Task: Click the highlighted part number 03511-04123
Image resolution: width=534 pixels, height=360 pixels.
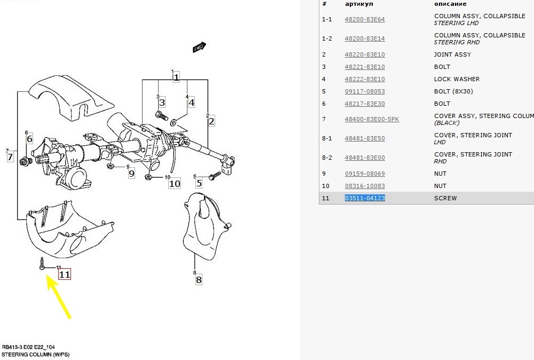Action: (365, 198)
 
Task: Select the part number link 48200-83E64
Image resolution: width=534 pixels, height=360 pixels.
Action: (365, 19)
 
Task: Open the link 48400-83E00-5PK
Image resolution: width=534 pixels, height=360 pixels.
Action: (372, 119)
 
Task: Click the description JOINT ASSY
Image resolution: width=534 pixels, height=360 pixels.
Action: (453, 54)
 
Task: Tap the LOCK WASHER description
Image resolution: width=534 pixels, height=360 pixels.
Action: (457, 79)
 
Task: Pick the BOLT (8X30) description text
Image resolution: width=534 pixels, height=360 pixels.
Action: (453, 91)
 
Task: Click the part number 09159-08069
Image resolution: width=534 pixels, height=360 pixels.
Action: (365, 174)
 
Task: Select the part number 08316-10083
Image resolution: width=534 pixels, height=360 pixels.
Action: (365, 186)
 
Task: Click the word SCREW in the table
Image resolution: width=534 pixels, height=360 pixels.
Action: (445, 198)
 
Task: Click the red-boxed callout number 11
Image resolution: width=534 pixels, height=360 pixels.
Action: (65, 274)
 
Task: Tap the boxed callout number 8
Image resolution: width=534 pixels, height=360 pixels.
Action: (199, 280)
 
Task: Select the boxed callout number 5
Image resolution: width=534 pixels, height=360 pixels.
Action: (199, 183)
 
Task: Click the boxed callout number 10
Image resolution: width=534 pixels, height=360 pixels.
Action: (175, 184)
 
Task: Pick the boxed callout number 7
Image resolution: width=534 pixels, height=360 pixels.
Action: (10, 157)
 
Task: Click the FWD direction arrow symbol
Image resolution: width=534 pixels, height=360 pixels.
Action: (199, 48)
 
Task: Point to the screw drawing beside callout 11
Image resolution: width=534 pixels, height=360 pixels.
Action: (42, 264)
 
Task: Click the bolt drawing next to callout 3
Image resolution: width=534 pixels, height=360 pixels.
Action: (161, 116)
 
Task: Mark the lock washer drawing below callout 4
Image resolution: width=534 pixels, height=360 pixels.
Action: (174, 122)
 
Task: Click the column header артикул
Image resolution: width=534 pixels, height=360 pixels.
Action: (359, 4)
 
